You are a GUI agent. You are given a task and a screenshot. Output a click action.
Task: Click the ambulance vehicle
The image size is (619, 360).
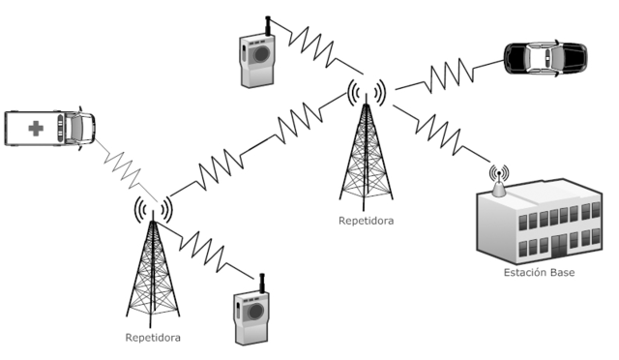49,128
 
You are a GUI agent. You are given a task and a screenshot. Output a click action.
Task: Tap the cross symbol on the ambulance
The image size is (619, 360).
36,128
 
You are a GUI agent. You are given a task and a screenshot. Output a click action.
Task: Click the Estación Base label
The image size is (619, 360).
538,273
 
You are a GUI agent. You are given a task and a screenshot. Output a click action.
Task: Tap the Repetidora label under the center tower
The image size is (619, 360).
366,221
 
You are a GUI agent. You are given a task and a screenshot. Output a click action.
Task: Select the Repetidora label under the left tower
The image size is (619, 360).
153,338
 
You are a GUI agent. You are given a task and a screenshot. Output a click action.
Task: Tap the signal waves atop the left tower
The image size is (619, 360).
152,207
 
